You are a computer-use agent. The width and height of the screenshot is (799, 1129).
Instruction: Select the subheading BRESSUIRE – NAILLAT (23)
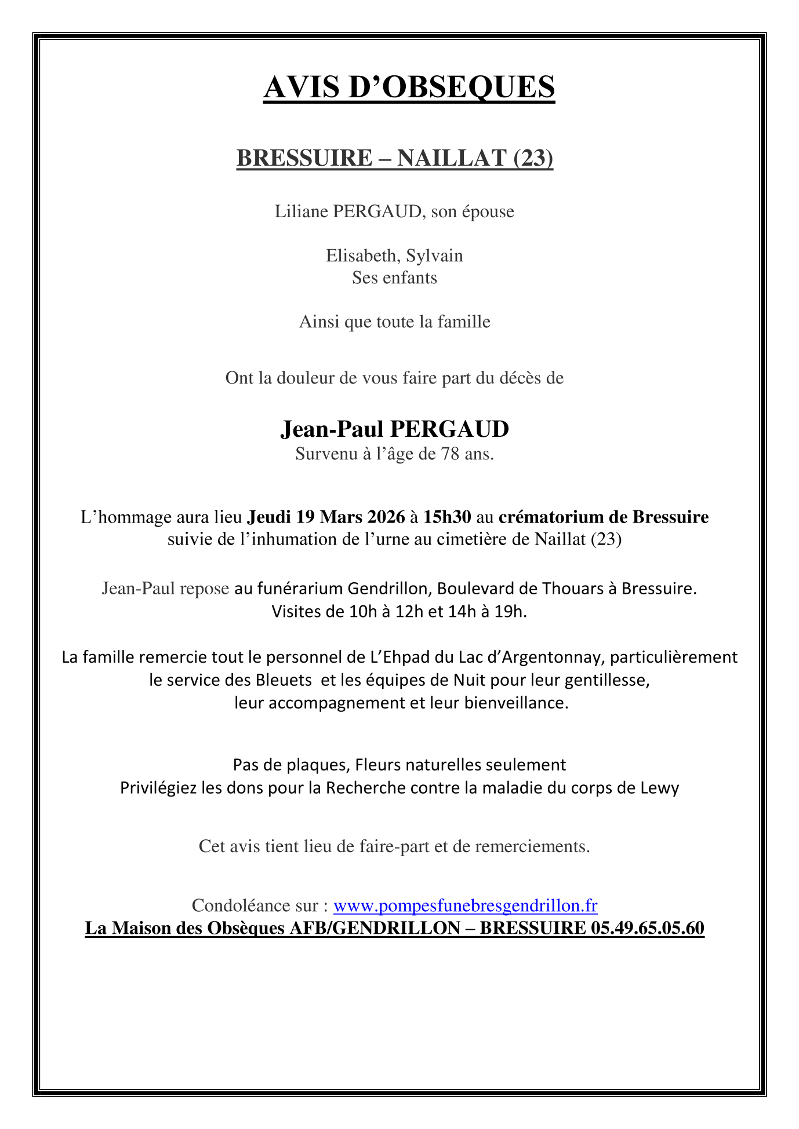click(x=394, y=158)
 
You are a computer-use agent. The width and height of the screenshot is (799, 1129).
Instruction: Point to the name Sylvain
click(x=434, y=255)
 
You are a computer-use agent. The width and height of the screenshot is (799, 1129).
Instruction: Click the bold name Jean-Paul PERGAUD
click(x=394, y=429)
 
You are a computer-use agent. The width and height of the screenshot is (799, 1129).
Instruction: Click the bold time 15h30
click(x=447, y=516)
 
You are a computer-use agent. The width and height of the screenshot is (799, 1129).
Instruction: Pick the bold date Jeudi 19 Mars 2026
click(x=326, y=516)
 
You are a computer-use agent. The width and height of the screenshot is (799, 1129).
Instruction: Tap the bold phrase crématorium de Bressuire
click(x=604, y=516)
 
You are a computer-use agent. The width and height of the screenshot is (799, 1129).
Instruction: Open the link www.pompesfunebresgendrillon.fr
click(x=465, y=905)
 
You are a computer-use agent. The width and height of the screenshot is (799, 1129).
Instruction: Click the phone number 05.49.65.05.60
click(x=647, y=928)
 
